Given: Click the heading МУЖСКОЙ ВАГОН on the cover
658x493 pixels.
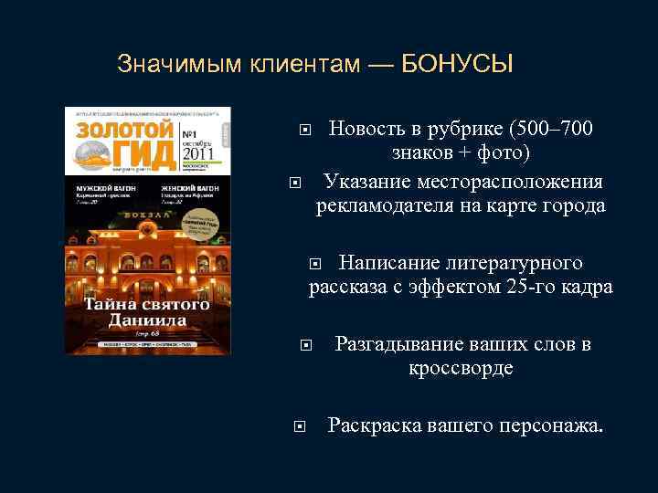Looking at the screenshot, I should tap(101, 186).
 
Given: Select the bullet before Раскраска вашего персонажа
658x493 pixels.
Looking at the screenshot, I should tap(298, 425).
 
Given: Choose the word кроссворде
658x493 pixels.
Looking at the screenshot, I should tap(461, 369).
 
